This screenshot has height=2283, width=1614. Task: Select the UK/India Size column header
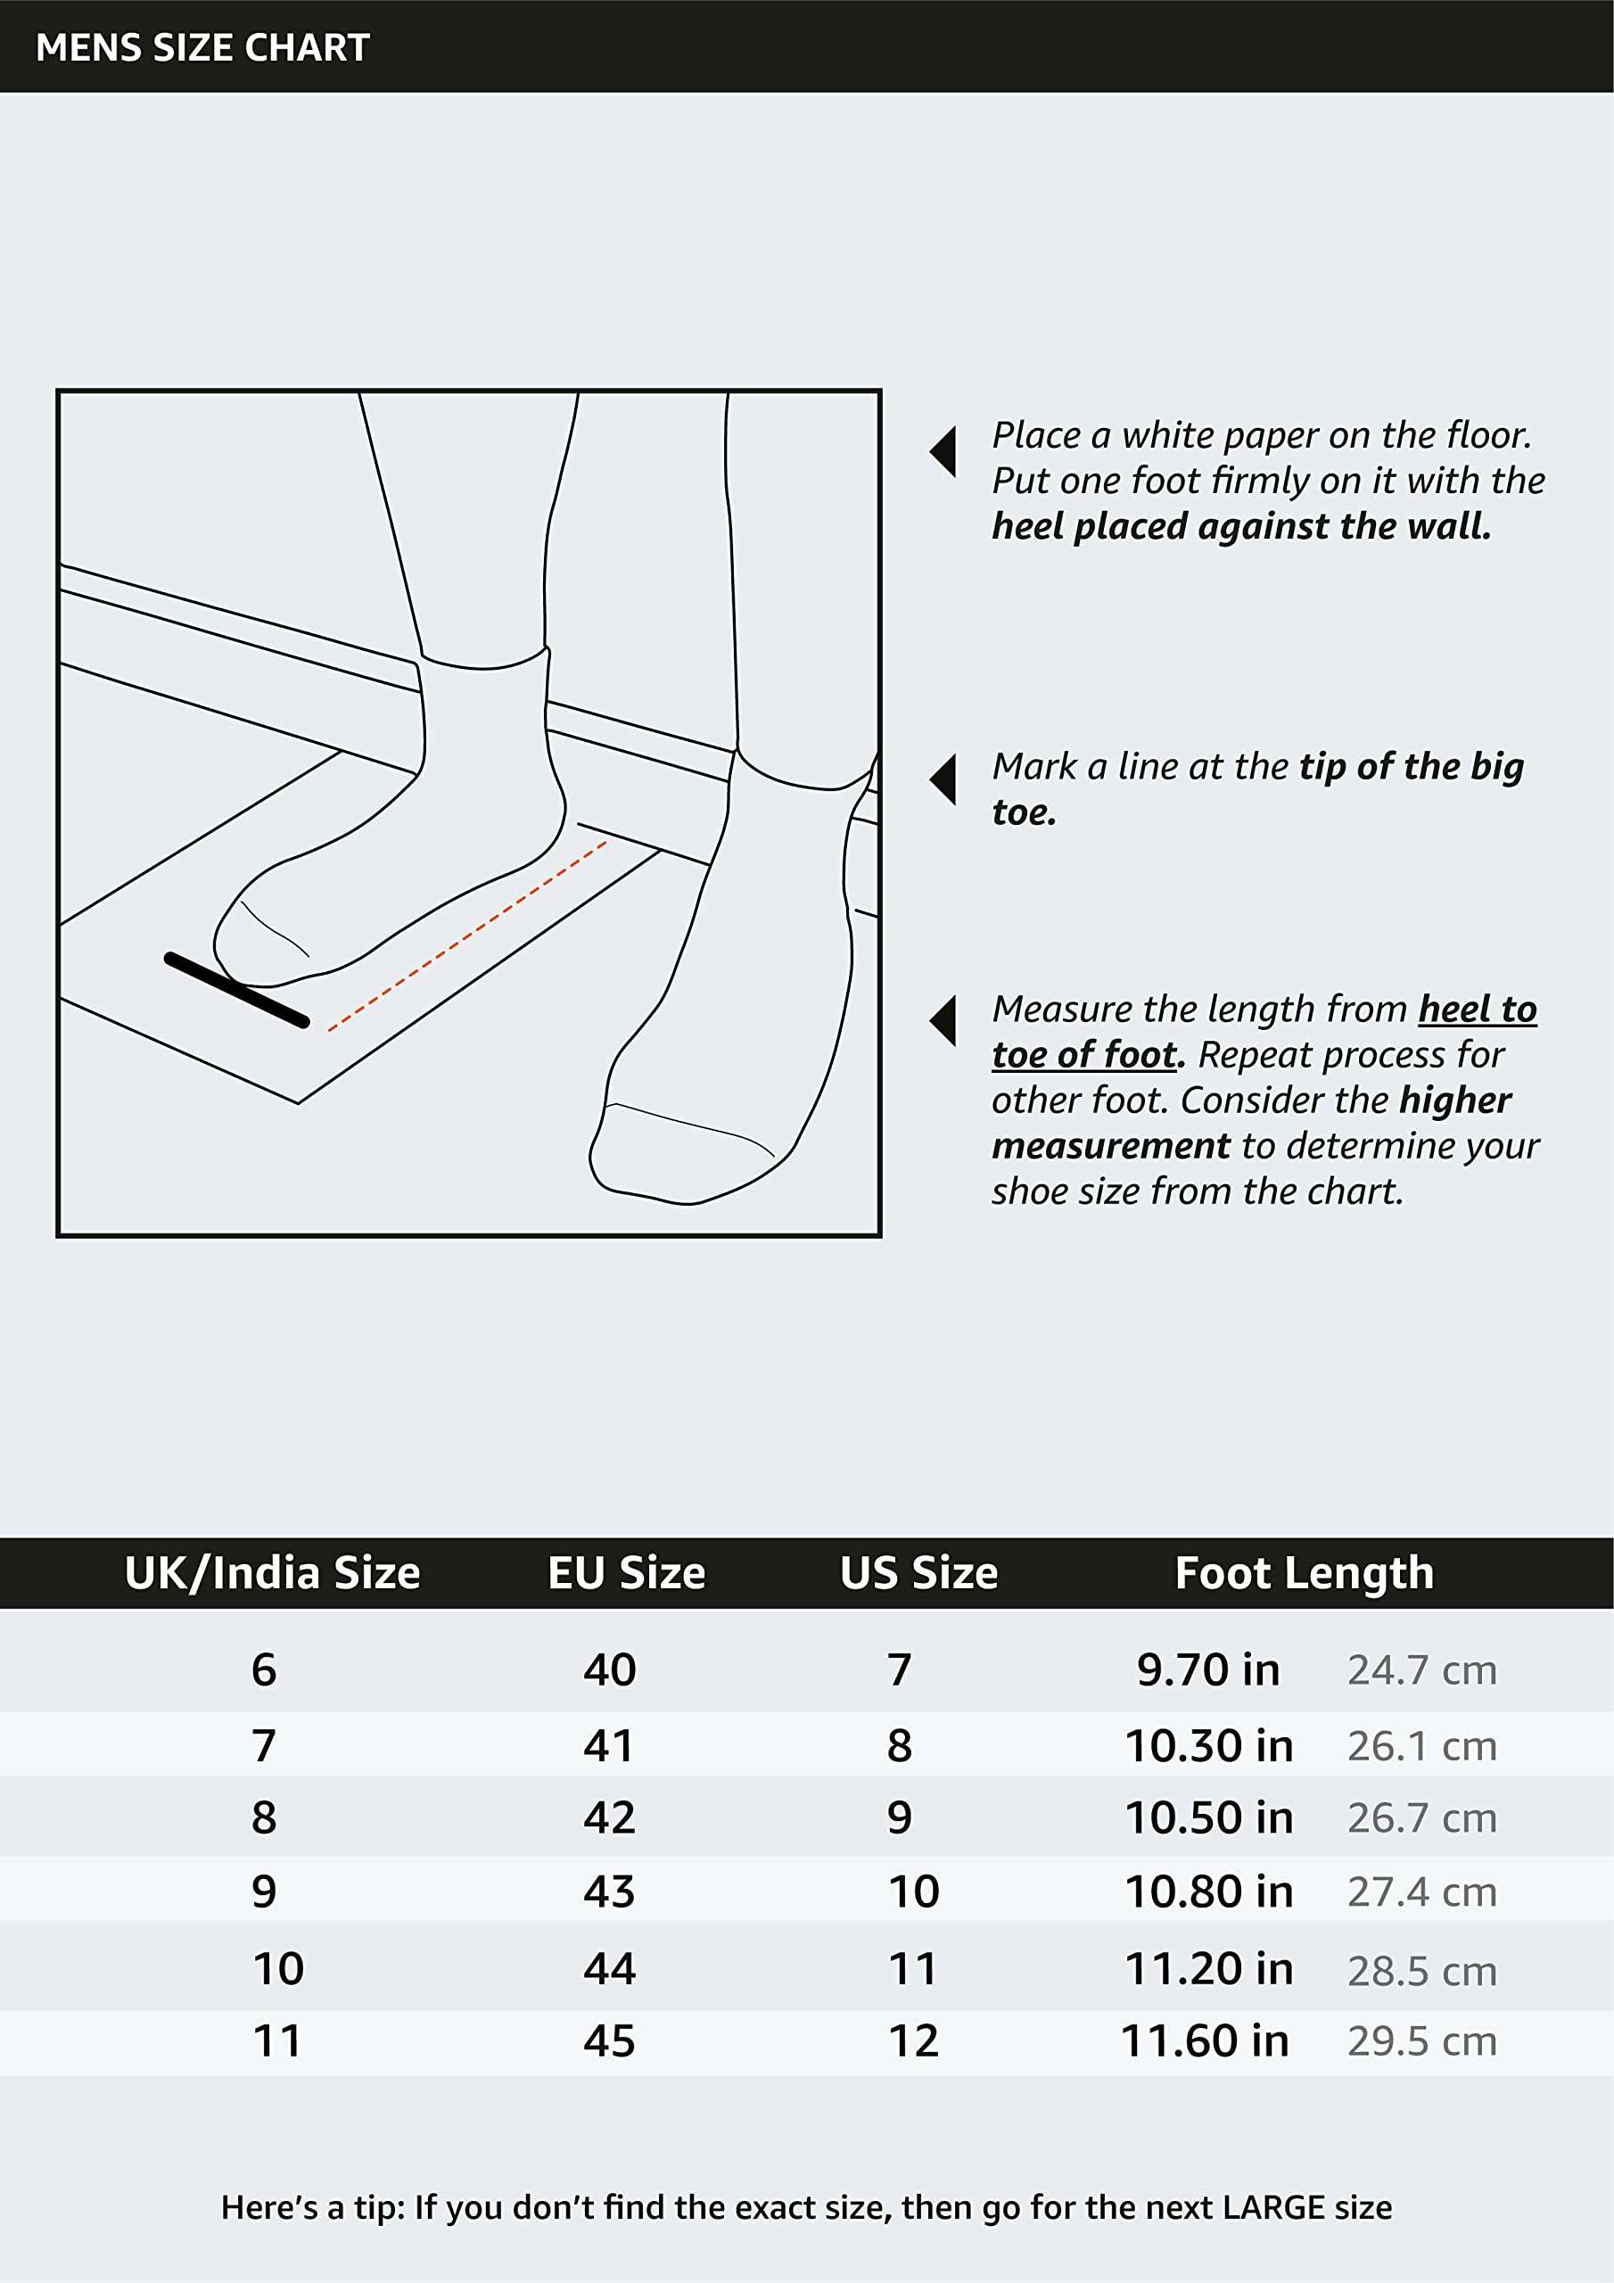pos(273,1573)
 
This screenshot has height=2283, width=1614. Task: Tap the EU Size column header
pos(627,1573)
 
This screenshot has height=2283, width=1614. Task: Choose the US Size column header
pos(918,1573)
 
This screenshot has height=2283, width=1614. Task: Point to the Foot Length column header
pos(1305,1574)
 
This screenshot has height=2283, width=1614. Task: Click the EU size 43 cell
pos(609,1892)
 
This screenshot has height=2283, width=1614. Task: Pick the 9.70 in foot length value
pos(1208,1669)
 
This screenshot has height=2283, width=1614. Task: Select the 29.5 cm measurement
pos(1422,2041)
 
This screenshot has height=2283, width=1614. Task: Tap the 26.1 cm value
pos(1422,1746)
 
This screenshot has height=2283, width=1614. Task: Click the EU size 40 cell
pos(609,1669)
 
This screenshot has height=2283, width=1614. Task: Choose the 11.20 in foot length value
pos(1208,1969)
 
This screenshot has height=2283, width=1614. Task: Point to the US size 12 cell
pos(913,2041)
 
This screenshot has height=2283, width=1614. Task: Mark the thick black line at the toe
pos(236,989)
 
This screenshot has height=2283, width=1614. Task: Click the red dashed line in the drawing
pos(467,935)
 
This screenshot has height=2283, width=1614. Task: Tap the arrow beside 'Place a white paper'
pos(943,452)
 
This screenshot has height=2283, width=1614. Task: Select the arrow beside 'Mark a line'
pos(943,779)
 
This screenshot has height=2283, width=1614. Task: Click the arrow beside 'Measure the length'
pos(943,1021)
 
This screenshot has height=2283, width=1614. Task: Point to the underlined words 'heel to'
pos(1478,1010)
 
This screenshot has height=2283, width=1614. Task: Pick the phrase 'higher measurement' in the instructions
pos(1252,1123)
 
